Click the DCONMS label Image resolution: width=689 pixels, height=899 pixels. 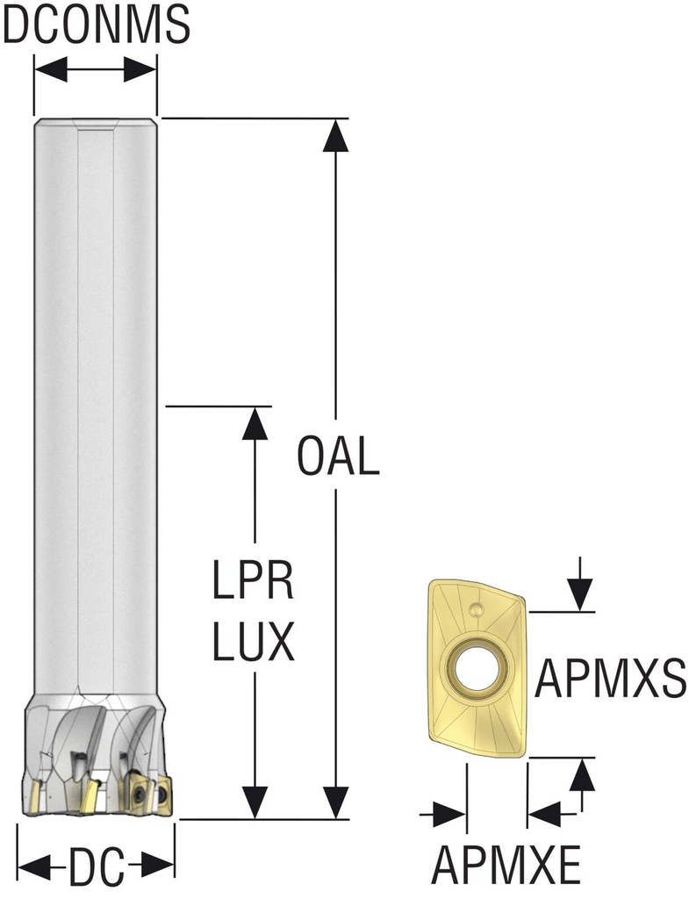coord(96,25)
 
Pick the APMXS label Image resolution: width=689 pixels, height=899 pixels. coord(610,677)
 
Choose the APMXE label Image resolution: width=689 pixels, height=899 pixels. coord(507,867)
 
